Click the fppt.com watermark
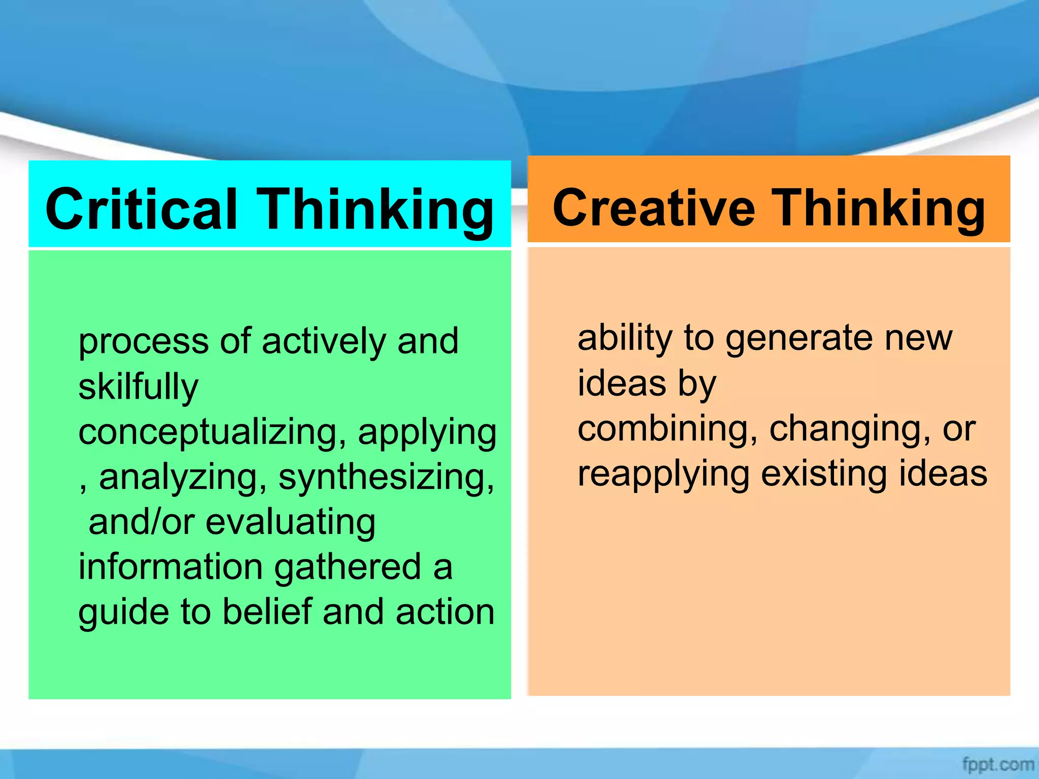pos(997,764)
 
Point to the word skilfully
pos(138,386)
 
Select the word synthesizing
pos(386,478)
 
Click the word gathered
pos(348,567)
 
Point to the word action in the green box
pos(445,612)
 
